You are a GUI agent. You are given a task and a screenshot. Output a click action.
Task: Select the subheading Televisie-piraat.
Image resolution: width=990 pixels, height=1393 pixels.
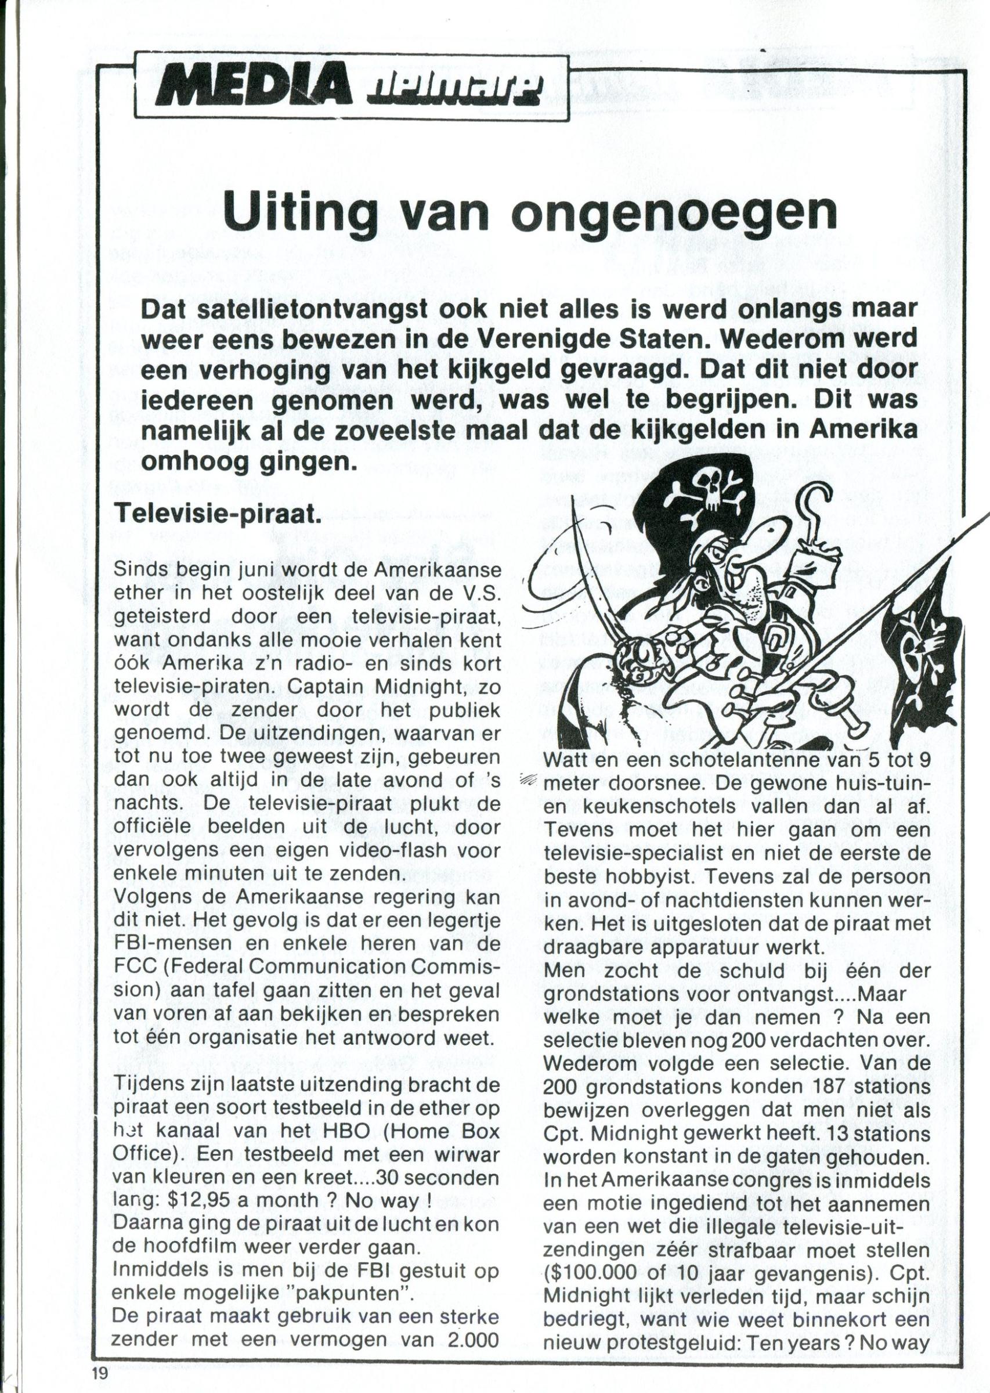coord(218,516)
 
